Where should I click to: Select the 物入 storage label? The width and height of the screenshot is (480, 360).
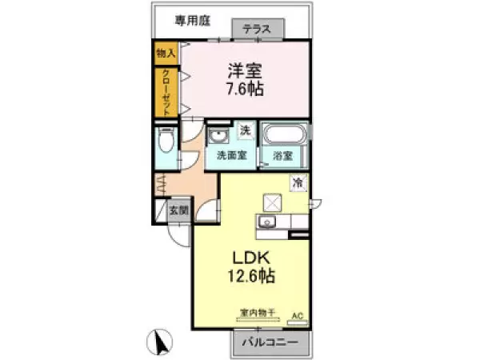click(166, 53)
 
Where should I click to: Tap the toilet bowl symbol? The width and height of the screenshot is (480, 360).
click(166, 145)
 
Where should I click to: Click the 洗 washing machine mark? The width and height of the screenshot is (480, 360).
click(246, 130)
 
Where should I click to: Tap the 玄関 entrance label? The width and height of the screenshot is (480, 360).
click(178, 211)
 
